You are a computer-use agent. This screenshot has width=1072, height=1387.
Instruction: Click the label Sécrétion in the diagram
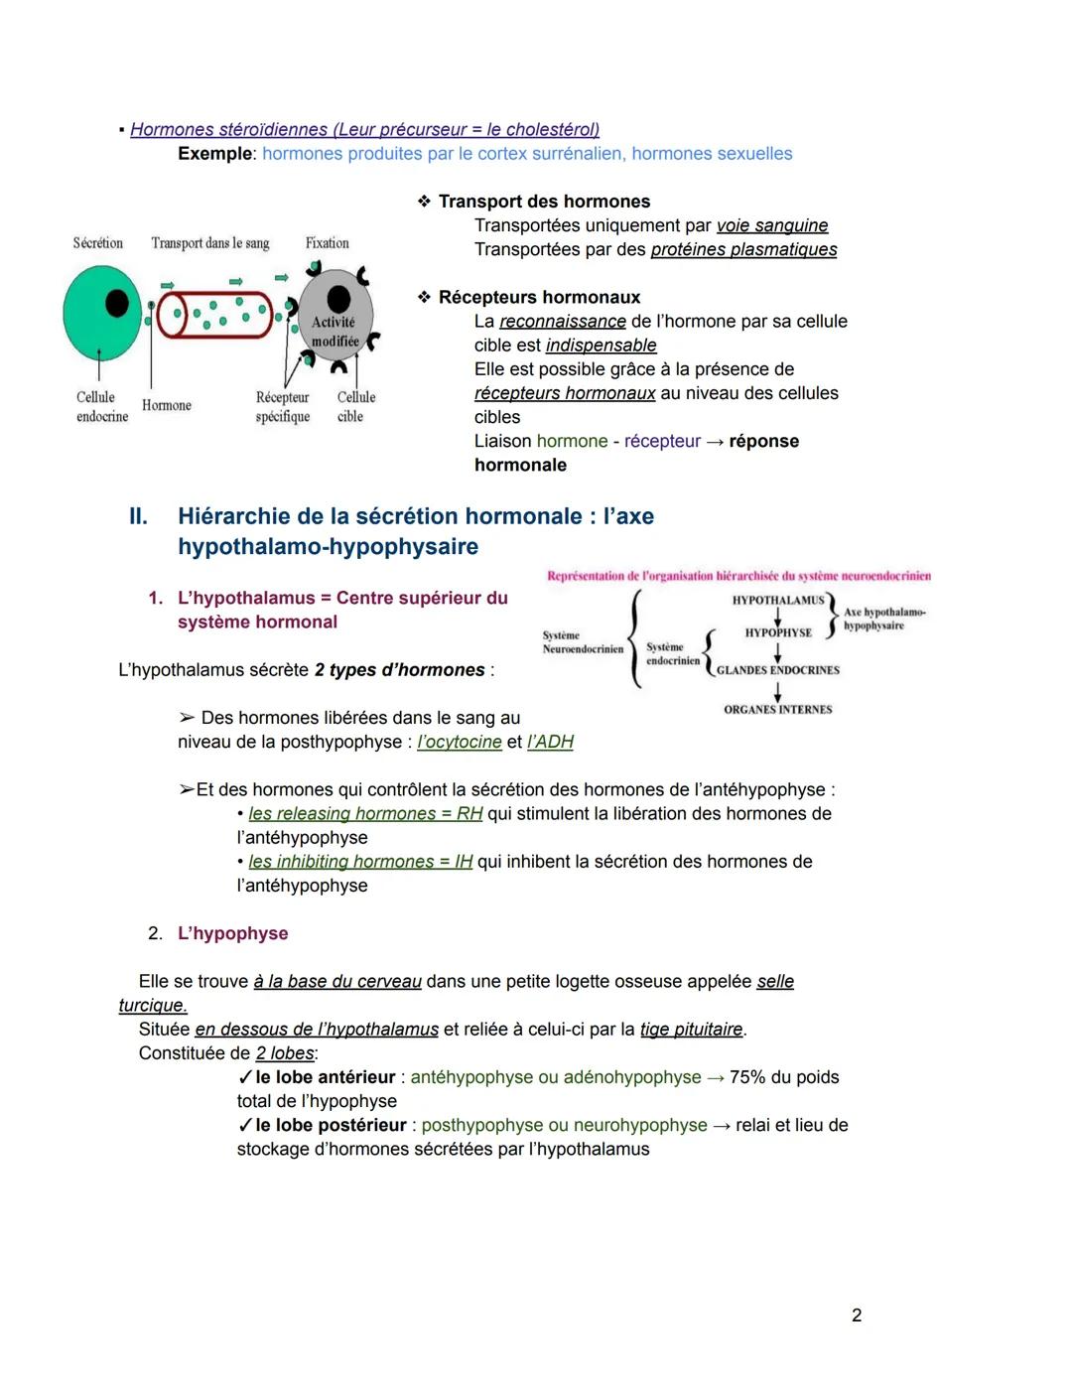(x=97, y=243)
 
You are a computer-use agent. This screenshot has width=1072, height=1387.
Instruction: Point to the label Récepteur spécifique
(x=282, y=407)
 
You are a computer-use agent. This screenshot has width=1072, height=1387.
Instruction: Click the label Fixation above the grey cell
(x=327, y=243)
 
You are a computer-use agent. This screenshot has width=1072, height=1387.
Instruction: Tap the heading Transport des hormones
(x=544, y=202)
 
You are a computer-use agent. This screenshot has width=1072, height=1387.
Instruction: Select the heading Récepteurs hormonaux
(x=539, y=297)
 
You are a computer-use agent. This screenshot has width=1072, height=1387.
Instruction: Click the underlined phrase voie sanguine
(x=771, y=225)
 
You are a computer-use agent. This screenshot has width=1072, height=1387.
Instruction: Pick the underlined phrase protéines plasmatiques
(x=743, y=249)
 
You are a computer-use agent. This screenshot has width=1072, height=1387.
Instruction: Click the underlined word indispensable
(x=601, y=346)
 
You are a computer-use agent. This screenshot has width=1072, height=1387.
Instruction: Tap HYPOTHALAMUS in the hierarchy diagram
(x=778, y=600)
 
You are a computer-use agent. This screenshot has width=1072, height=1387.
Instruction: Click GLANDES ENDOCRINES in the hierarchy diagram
(x=778, y=670)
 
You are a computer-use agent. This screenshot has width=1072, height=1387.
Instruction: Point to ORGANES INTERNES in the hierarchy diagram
(x=778, y=710)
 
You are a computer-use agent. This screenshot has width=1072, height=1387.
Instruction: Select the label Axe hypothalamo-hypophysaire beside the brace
(x=883, y=619)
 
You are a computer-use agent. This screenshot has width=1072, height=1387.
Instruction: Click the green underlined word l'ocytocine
(x=459, y=742)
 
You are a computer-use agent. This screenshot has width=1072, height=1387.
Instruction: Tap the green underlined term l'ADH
(x=550, y=742)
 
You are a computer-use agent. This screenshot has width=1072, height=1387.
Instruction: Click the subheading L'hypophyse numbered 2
(x=232, y=933)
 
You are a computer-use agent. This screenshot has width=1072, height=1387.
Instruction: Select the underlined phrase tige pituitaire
(x=691, y=1030)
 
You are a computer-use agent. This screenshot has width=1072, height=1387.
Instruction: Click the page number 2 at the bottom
(x=857, y=1316)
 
